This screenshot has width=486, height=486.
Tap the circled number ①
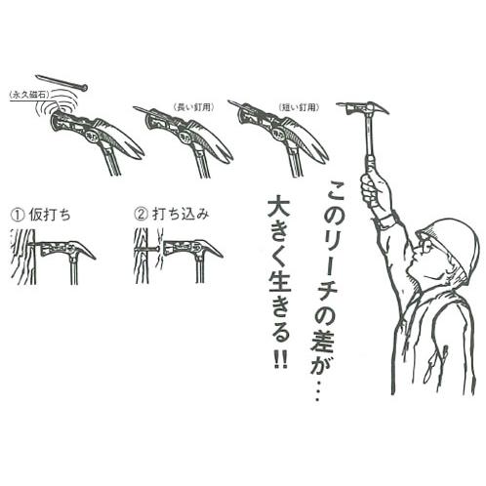tap(17, 211)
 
